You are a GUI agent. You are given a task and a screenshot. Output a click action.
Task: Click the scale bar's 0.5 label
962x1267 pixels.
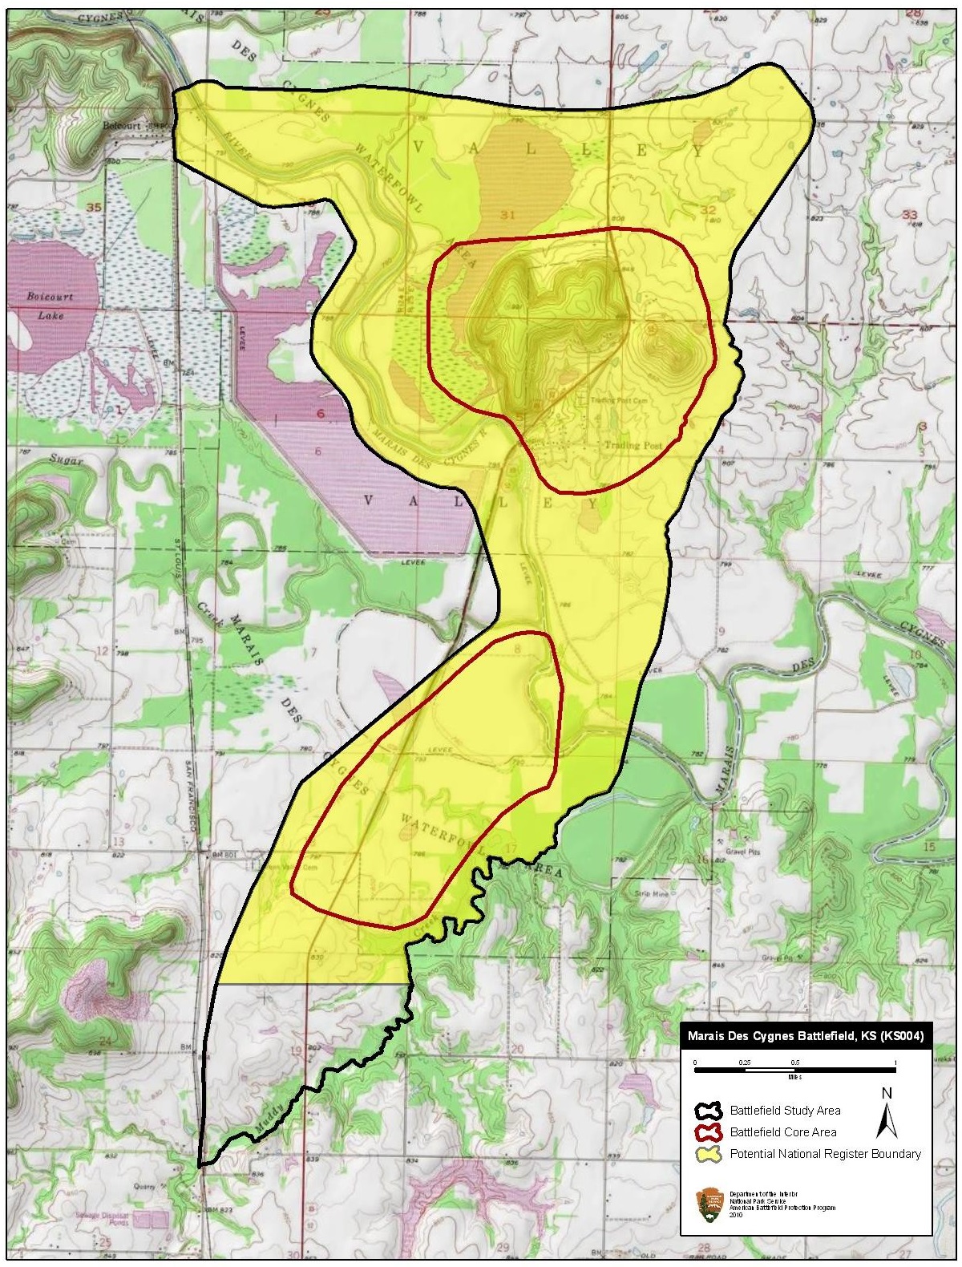(796, 1062)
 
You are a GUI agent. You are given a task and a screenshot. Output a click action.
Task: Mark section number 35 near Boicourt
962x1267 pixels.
(94, 208)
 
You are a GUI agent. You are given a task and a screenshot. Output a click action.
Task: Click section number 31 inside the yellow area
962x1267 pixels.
(506, 214)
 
